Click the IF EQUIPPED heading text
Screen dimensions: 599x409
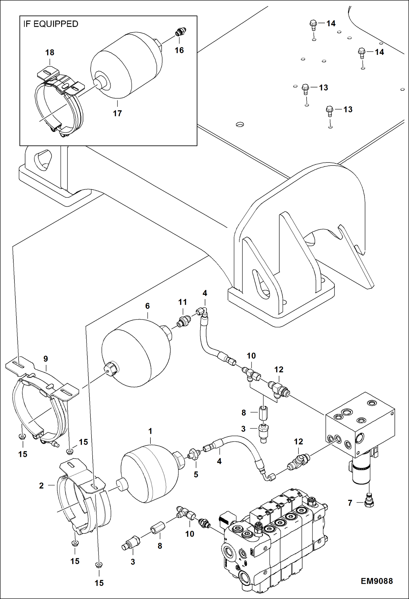pyautogui.click(x=51, y=24)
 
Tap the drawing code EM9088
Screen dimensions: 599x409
pyautogui.click(x=377, y=581)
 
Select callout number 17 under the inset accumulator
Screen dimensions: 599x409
pyautogui.click(x=117, y=113)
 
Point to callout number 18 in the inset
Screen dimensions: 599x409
pyautogui.click(x=50, y=52)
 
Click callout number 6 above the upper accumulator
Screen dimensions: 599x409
pyautogui.click(x=147, y=306)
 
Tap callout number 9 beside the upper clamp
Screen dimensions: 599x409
pyautogui.click(x=46, y=359)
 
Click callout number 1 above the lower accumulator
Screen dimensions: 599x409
pyautogui.click(x=150, y=431)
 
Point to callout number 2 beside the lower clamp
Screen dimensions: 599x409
pyautogui.click(x=41, y=485)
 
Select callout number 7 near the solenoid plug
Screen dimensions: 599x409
pyautogui.click(x=350, y=503)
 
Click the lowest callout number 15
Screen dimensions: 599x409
pyautogui.click(x=99, y=583)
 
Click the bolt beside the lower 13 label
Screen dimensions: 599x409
pyautogui.click(x=330, y=111)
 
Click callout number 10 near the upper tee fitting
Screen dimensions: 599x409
pyautogui.click(x=251, y=356)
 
